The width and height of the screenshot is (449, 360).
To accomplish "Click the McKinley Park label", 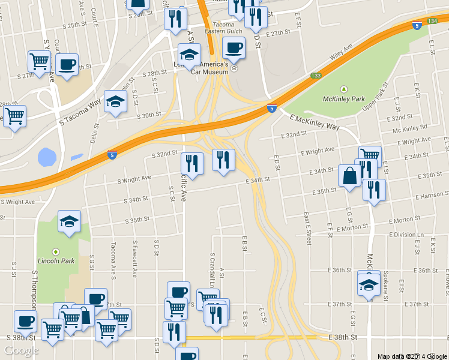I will point(344,98).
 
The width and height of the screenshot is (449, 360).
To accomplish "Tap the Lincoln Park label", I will point(56,261).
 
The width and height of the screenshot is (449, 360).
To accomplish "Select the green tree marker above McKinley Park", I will point(344,89).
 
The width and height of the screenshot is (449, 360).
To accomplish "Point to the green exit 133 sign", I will point(316,76).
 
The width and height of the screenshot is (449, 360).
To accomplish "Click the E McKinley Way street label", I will point(314,123).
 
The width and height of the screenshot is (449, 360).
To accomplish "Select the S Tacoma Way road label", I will point(80,113).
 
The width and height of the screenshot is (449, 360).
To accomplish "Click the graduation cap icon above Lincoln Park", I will point(69,221).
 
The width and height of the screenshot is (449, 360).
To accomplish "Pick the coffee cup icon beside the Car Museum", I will point(234,47).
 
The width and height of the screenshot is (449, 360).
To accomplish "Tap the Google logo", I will point(22,350).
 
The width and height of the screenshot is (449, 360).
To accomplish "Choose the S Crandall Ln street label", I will point(212,260).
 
